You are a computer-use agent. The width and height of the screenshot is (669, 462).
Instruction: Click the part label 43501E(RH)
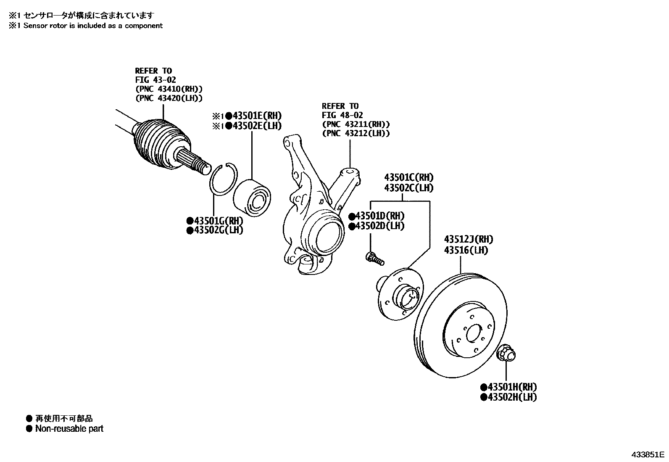[x=257, y=116]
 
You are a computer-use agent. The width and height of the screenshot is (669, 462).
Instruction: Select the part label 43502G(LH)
[x=218, y=230]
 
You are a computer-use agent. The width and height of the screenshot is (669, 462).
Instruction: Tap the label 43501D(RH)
[x=379, y=216]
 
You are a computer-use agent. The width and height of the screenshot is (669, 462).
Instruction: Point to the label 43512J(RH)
[x=469, y=239]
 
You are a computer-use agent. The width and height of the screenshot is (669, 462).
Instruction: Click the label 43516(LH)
[x=466, y=250]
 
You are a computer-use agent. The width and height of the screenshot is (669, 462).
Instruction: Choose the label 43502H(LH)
[x=511, y=397]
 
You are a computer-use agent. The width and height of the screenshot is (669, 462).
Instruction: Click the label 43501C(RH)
[x=408, y=177]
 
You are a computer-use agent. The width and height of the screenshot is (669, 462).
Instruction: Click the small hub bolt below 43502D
[x=374, y=258]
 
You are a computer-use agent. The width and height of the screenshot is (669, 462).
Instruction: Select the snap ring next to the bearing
[x=224, y=178]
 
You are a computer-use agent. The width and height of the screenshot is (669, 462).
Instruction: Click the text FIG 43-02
[x=155, y=80]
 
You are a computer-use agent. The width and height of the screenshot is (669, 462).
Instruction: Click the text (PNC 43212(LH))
[x=356, y=133]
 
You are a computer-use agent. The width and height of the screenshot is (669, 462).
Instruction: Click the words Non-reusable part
[x=69, y=429]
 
